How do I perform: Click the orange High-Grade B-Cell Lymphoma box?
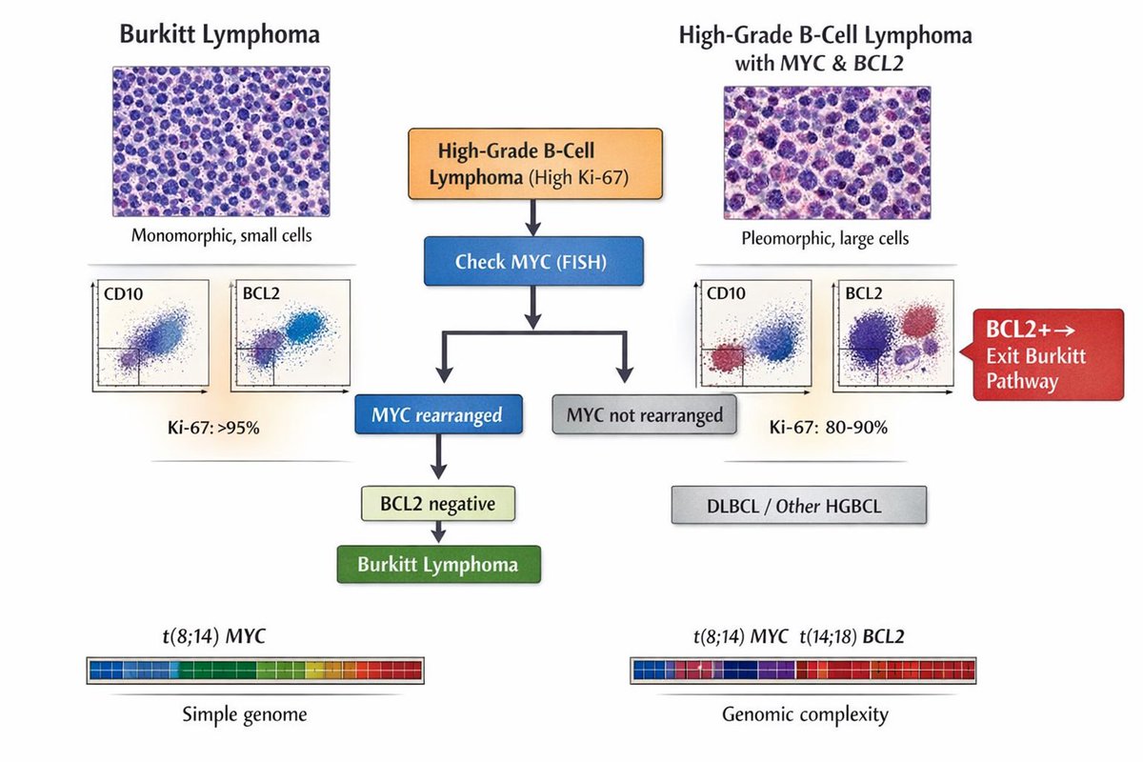coord(534,164)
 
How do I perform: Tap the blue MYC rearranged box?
coord(438,415)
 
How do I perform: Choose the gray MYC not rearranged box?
coord(644,415)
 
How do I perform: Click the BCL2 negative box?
coord(438,501)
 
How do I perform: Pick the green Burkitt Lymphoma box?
coord(438,563)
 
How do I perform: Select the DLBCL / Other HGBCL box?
coord(798,506)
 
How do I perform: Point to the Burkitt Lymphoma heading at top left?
coord(219,35)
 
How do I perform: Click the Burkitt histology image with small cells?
coord(221,142)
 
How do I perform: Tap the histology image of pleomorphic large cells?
coord(825,152)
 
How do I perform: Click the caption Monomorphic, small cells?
coord(221,234)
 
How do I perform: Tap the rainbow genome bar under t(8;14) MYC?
coord(255,670)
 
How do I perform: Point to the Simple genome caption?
coord(245,713)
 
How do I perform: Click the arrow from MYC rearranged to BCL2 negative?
coord(438,458)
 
